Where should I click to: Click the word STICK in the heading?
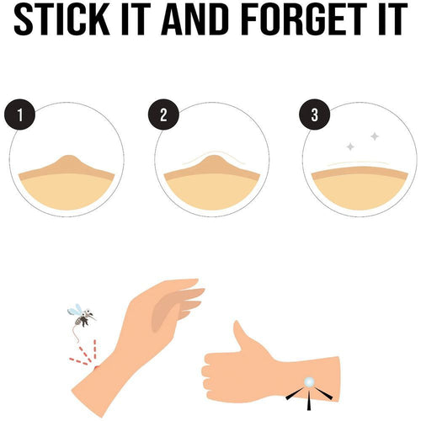click(x=61, y=19)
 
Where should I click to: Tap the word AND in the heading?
click(x=195, y=19)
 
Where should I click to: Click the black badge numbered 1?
click(x=19, y=115)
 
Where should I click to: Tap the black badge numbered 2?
click(x=163, y=115)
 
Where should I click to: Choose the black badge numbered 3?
click(x=315, y=115)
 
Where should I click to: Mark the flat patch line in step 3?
click(x=359, y=163)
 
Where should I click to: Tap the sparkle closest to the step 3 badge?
click(x=350, y=147)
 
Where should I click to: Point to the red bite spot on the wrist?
click(x=97, y=367)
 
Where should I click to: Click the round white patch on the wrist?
click(x=309, y=381)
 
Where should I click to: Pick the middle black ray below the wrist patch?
click(x=309, y=401)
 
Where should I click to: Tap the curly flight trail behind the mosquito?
click(x=76, y=334)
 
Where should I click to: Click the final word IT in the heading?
click(x=393, y=19)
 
